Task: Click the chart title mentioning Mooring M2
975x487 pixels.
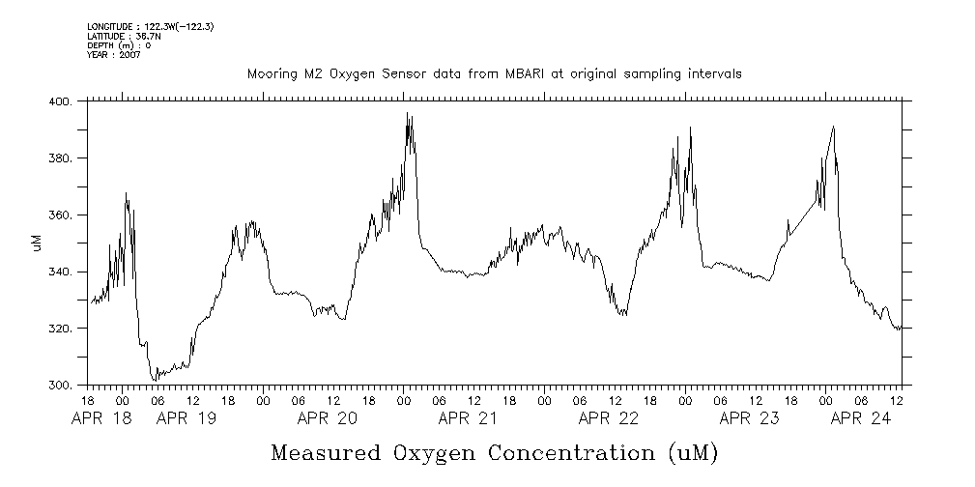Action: [x=494, y=73]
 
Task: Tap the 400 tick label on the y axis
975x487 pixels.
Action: [x=61, y=101]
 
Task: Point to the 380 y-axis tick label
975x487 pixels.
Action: [x=61, y=158]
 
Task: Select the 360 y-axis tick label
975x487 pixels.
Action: [x=61, y=215]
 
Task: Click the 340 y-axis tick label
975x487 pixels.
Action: [x=61, y=272]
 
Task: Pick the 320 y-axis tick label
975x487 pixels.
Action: [x=61, y=329]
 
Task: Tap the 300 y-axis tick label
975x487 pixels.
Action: [x=61, y=386]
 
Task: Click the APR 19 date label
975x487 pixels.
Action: [x=186, y=418]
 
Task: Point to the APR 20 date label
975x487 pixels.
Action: [x=328, y=418]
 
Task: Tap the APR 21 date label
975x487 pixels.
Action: [x=468, y=418]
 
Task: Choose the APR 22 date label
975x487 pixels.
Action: [x=609, y=418]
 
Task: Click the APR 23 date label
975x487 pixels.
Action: [x=750, y=418]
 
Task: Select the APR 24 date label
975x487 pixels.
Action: [x=861, y=418]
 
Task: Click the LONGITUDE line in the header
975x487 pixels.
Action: [x=150, y=26]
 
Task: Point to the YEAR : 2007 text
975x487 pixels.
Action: [x=114, y=55]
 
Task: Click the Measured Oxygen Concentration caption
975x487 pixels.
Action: [x=495, y=452]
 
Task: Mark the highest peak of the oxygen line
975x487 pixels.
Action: [x=408, y=113]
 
